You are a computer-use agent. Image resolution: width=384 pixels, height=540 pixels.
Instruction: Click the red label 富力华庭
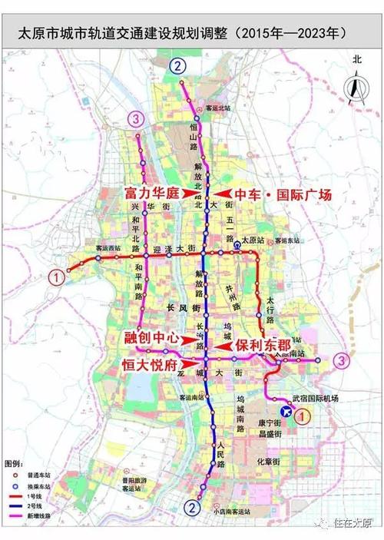click(x=157, y=194)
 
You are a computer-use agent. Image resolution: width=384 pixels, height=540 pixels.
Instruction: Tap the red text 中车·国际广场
click(x=283, y=195)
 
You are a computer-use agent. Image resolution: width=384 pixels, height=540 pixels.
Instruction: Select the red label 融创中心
click(x=151, y=337)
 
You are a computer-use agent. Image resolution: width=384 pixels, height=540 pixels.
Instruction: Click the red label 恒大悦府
click(x=151, y=364)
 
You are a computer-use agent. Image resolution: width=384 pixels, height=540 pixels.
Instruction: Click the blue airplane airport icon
click(x=286, y=412)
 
